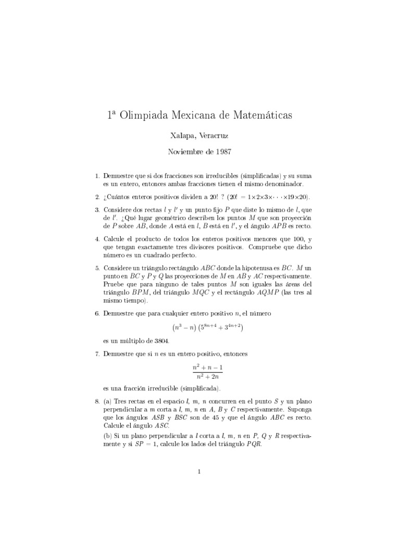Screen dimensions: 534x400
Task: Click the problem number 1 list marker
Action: pyautogui.click(x=97, y=176)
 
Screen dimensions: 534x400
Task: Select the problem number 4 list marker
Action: pyautogui.click(x=97, y=239)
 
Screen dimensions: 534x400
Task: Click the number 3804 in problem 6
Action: pyautogui.click(x=161, y=341)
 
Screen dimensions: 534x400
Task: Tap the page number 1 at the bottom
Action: pyautogui.click(x=199, y=472)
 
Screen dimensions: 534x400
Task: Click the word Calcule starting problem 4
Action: pyautogui.click(x=115, y=239)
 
